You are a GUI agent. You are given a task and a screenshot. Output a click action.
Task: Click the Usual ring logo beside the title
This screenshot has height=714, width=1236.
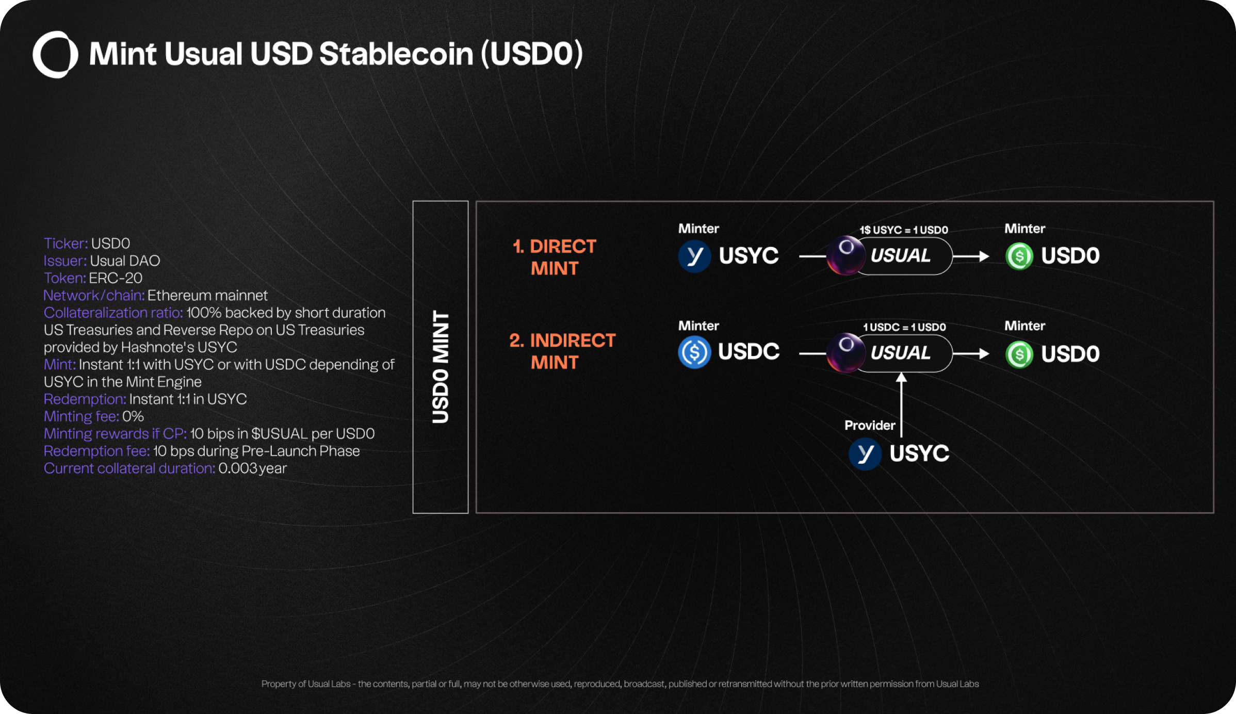[55, 54]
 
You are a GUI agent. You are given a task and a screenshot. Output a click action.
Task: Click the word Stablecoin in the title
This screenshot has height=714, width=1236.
[396, 54]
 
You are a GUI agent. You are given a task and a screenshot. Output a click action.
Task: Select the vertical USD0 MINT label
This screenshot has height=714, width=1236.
[440, 366]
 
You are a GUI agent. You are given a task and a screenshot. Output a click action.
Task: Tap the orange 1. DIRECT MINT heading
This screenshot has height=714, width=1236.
[555, 257]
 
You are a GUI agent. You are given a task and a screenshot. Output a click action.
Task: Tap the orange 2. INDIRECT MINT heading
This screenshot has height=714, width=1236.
[562, 351]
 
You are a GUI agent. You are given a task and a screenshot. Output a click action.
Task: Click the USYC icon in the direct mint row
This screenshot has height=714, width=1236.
[694, 256]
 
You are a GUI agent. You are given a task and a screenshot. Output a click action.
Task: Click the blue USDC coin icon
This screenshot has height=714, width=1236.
[694, 352]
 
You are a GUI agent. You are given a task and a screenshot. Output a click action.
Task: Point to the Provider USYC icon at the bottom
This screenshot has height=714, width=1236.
[865, 454]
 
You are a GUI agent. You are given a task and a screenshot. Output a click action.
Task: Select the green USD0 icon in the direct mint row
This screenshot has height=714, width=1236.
[1019, 256]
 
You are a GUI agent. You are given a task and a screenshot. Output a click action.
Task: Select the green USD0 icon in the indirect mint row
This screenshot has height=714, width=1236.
[1019, 354]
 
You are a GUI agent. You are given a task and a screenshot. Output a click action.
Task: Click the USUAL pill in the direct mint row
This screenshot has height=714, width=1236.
[900, 256]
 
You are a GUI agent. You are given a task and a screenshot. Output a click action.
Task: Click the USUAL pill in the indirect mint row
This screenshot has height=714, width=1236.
[900, 353]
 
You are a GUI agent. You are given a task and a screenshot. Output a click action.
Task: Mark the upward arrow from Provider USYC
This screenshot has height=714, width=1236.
[901, 405]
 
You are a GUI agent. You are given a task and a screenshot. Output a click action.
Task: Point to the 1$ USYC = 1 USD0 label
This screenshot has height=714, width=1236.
[904, 230]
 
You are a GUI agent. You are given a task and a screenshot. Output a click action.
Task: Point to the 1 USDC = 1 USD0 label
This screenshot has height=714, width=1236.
[904, 327]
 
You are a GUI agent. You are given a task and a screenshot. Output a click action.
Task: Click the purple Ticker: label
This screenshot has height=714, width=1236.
[66, 244]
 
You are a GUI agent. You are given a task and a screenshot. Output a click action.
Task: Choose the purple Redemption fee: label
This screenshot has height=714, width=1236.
[96, 451]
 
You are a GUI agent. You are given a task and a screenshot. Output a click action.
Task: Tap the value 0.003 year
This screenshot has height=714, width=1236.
[252, 468]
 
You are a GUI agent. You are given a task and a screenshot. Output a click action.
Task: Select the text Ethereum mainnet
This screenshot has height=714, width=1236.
[207, 296]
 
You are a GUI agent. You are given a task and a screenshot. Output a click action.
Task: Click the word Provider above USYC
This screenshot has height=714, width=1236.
[869, 426]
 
